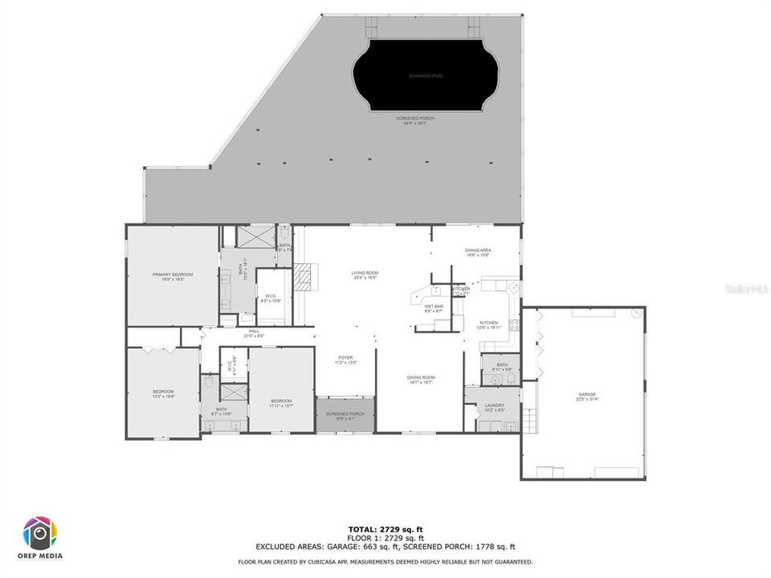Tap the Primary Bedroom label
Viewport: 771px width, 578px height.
(173, 276)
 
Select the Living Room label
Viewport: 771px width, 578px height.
(365, 275)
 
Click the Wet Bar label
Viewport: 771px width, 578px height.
(434, 308)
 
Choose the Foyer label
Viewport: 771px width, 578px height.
(345, 360)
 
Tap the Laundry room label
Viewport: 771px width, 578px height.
(494, 407)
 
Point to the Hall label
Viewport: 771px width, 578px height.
(254, 333)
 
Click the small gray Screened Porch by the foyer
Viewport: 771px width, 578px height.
(345, 415)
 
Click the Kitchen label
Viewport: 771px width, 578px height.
(488, 324)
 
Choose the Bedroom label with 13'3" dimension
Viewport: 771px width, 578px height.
(163, 394)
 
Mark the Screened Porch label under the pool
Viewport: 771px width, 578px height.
(415, 120)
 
